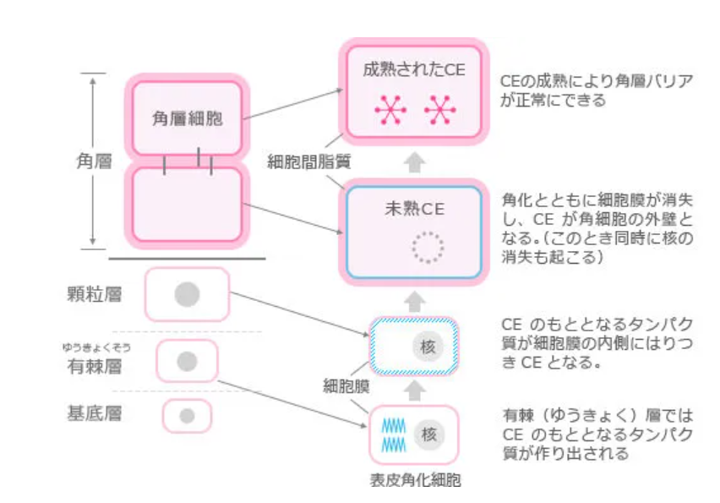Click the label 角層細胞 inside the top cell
point(187,118)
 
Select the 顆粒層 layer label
point(94,295)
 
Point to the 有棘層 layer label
point(94,365)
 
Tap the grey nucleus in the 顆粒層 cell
point(187,294)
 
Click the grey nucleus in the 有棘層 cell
point(187,362)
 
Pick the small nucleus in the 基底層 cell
point(187,415)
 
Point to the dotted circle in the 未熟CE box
point(426,247)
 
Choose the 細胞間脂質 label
point(308,159)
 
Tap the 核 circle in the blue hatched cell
point(428,346)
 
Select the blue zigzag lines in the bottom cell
point(393,435)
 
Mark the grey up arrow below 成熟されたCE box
point(414,163)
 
